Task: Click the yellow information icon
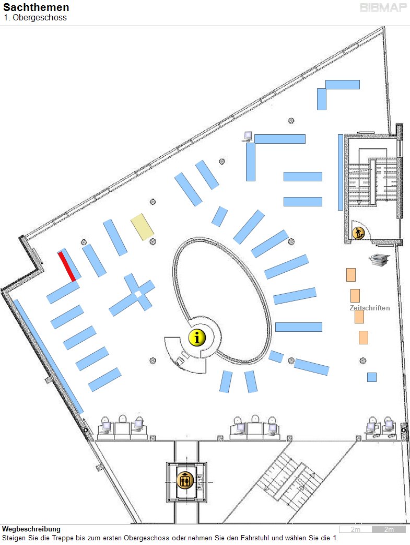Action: coord(197,338)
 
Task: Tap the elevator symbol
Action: coord(185,481)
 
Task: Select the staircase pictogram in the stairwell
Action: coord(358,233)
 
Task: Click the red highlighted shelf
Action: coord(67,266)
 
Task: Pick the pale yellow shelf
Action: coord(142,227)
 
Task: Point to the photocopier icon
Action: coord(379,259)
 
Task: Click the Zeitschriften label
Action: coord(370,308)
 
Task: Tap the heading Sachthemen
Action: coord(36,7)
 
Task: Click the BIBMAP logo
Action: coord(383,8)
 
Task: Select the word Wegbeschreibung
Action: coord(31,529)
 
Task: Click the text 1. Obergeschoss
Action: coord(35,18)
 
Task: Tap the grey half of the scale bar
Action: coord(389,529)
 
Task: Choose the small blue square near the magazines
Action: coord(372,377)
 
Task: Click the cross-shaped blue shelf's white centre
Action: coord(138,294)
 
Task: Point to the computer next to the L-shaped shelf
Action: coord(248,136)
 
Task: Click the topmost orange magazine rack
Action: coord(351,274)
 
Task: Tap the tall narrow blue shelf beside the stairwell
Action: coord(341,172)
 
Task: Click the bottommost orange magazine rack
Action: coord(364,338)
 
